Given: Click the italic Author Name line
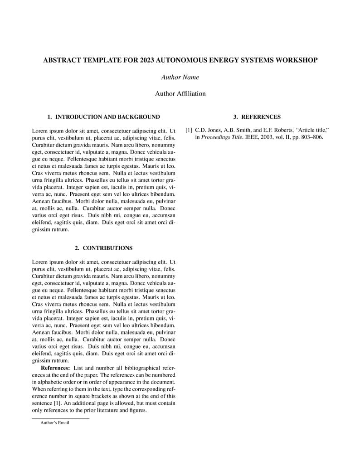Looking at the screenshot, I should coord(180,77).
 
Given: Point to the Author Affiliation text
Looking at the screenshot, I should coord(180,94).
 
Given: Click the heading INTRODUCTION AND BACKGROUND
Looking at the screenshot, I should coord(107,117).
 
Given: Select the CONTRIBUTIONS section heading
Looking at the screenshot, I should coord(107,248).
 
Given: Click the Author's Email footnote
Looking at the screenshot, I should coord(55,423).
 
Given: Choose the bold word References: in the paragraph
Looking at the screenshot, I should coord(55,368).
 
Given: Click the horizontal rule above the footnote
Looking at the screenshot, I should coord(60,418).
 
